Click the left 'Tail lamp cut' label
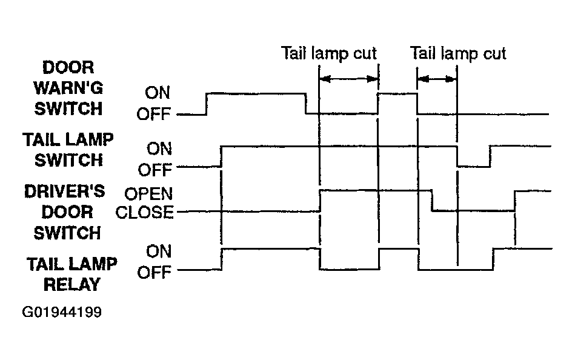[x=329, y=53]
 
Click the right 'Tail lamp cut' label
[x=458, y=53]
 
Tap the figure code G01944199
[x=62, y=312]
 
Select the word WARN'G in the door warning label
[x=68, y=88]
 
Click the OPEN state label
[x=148, y=193]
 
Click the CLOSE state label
[x=144, y=212]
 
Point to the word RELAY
[x=72, y=285]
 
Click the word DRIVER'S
[x=65, y=191]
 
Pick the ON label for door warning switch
[x=158, y=93]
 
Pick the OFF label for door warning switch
[x=154, y=115]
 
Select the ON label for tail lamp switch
[x=159, y=149]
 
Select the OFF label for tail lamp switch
[x=155, y=170]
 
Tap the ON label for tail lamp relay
[x=159, y=251]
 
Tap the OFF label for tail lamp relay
[x=155, y=273]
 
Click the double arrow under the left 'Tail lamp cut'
[x=349, y=79]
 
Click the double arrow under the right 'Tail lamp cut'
[x=437, y=79]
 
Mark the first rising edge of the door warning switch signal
[x=207, y=104]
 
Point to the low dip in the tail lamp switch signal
[x=474, y=167]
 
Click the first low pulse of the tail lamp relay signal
[x=350, y=270]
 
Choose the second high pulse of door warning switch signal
[x=397, y=94]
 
